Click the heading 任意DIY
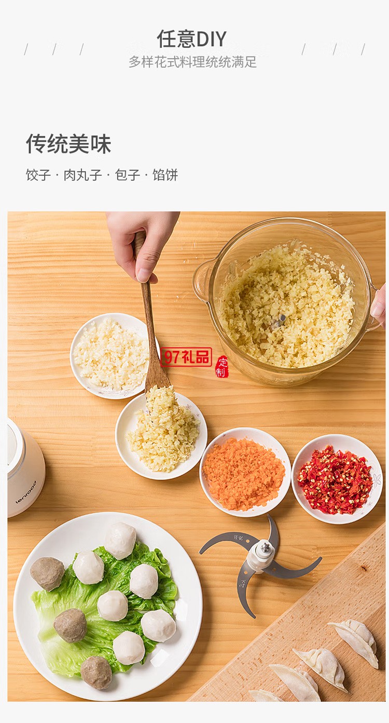[192, 39]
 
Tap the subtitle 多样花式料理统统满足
[192, 62]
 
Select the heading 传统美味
[68, 144]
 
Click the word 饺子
[38, 175]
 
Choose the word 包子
[128, 175]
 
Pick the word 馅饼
[165, 175]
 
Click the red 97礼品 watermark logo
[187, 357]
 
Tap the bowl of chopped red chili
[337, 479]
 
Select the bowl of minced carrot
[245, 472]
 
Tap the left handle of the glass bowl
[203, 280]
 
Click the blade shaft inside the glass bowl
[280, 321]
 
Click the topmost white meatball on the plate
[120, 540]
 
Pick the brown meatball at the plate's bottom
[96, 672]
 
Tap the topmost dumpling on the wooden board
[357, 640]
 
